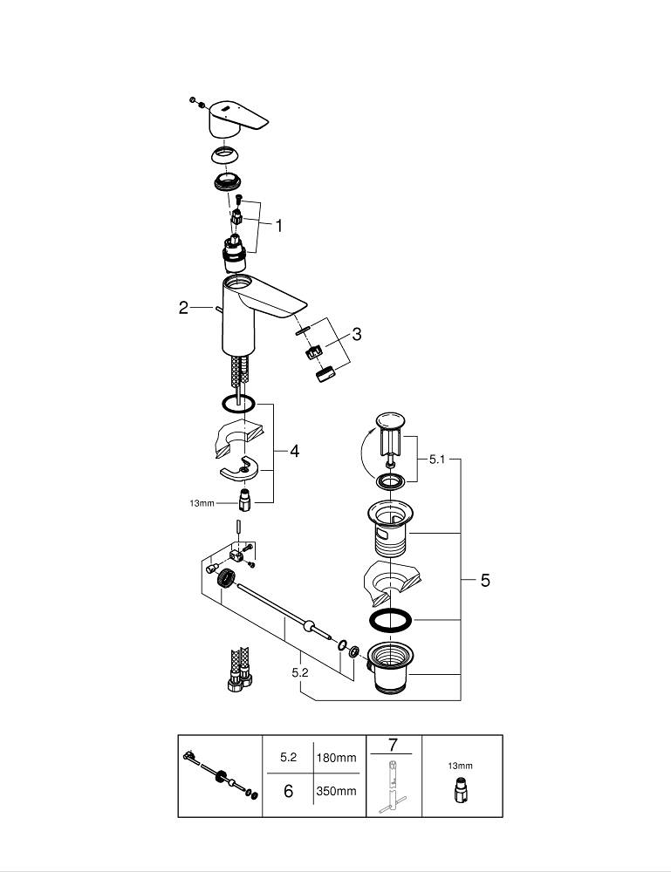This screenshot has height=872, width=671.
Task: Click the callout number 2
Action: point(183,308)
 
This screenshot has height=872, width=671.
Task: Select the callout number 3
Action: point(357,334)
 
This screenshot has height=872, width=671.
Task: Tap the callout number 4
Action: point(294,451)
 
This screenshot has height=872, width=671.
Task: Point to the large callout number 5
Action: point(485,580)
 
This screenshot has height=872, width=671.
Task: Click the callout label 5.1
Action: point(437,460)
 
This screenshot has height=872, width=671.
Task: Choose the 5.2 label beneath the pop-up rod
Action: point(300,672)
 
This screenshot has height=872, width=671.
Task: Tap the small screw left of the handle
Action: point(194,100)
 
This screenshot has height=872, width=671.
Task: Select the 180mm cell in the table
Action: point(336,758)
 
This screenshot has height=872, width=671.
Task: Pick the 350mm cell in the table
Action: point(336,791)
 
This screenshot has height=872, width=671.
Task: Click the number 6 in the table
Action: point(288,791)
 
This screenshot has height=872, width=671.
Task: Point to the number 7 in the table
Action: point(394,745)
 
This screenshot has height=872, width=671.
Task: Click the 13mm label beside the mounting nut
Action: point(202,503)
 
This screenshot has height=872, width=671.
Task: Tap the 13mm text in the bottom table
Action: point(460,766)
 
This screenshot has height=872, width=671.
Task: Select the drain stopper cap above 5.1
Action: point(390,420)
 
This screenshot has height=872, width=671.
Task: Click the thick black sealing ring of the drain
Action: point(391,620)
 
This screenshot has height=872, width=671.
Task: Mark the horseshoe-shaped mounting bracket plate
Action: point(240,470)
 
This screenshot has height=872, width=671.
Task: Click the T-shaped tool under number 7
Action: point(393,787)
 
